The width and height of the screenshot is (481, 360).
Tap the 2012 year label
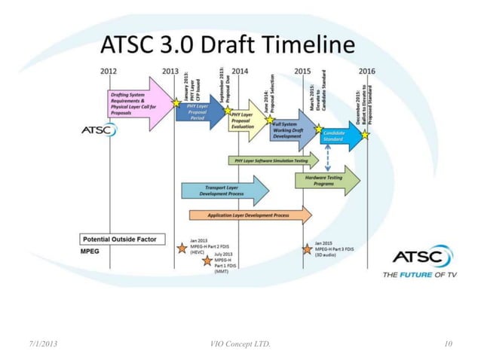point(109,70)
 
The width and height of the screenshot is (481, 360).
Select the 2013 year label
point(171,70)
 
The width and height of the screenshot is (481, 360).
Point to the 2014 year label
point(240,70)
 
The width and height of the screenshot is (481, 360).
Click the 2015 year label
point(302,70)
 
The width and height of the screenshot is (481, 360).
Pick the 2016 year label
point(366,70)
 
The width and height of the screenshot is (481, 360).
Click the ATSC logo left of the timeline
point(98,130)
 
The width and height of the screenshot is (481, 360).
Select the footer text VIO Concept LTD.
point(240,344)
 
